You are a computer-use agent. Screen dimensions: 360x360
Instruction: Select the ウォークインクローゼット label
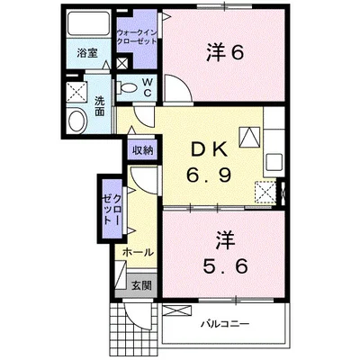click(x=137, y=38)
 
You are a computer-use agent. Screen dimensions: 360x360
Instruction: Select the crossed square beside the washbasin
click(x=75, y=91)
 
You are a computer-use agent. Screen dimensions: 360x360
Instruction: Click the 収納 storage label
click(x=142, y=150)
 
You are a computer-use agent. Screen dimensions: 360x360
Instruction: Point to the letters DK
click(x=210, y=148)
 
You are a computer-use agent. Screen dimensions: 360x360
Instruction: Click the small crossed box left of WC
click(x=122, y=65)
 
